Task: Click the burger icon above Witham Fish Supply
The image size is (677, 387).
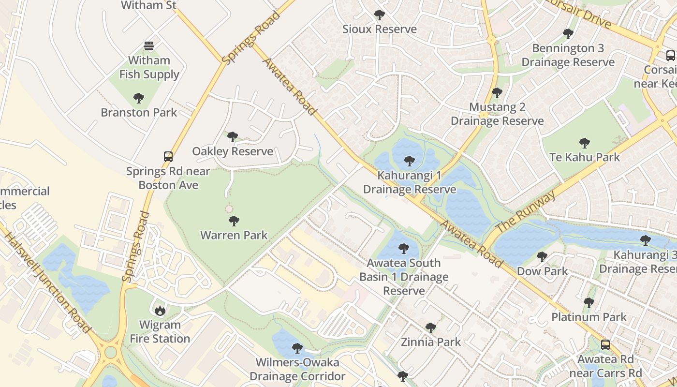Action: pos(149,46)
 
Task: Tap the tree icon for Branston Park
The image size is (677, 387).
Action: pos(139,98)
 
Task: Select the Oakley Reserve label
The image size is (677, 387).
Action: pos(233,151)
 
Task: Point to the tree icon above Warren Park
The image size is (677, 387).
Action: pos(234,222)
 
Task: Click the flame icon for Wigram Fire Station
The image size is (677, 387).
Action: pos(160,310)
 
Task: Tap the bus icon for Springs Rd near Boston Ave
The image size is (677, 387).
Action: pos(168,157)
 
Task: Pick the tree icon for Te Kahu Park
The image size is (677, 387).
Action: pos(585,143)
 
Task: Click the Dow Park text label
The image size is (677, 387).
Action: pos(543,271)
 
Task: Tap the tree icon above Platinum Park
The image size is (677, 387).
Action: pos(589,303)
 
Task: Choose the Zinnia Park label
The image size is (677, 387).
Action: pos(431,342)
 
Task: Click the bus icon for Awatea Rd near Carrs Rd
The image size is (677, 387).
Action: pos(605,345)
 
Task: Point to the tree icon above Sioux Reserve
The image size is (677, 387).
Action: pos(380,15)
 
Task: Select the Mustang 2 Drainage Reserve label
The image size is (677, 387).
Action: pos(497,114)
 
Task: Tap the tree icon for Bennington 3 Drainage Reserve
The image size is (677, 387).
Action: pos(568,34)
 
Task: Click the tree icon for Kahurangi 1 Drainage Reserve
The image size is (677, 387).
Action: pos(410,161)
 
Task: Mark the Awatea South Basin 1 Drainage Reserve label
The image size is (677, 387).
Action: pos(404,277)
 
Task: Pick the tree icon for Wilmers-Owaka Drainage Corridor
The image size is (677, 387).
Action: pos(297,348)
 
